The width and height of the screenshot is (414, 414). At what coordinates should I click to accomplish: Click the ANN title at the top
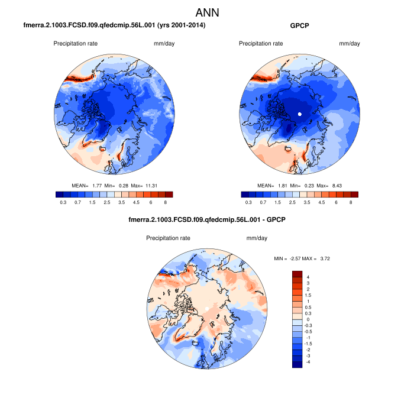pyautogui.click(x=207, y=12)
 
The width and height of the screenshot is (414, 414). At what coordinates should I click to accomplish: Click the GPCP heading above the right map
pyautogui.click(x=300, y=26)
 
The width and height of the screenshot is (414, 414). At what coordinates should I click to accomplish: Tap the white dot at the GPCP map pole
pyautogui.click(x=300, y=114)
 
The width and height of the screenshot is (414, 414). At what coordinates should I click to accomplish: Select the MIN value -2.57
pyautogui.click(x=297, y=259)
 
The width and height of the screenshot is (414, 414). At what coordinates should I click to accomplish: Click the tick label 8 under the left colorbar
pyautogui.click(x=165, y=202)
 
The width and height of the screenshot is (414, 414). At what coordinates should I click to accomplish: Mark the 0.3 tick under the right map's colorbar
pyautogui.click(x=248, y=202)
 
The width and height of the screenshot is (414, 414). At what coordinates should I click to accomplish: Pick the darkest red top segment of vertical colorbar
pyautogui.click(x=297, y=274)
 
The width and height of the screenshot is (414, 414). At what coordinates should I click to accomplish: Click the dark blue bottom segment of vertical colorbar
pyautogui.click(x=297, y=364)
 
